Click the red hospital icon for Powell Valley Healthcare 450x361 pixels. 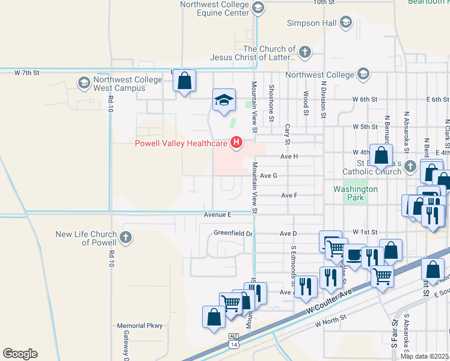(x=237, y=143)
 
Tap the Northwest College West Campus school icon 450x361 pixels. (x=83, y=82)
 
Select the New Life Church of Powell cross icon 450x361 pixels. (x=126, y=237)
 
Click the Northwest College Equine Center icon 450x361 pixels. (x=258, y=8)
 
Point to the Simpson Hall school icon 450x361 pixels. (x=345, y=23)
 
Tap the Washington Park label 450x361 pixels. (x=356, y=194)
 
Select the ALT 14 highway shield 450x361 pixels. (x=233, y=340)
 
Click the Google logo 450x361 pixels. (x=20, y=353)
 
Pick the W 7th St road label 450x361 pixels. (x=26, y=73)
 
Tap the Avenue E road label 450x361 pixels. (x=217, y=214)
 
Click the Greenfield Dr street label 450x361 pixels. (x=231, y=233)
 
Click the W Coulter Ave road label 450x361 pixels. (x=329, y=298)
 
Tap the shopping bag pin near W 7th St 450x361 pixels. (x=185, y=81)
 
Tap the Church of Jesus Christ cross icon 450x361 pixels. (x=304, y=52)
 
